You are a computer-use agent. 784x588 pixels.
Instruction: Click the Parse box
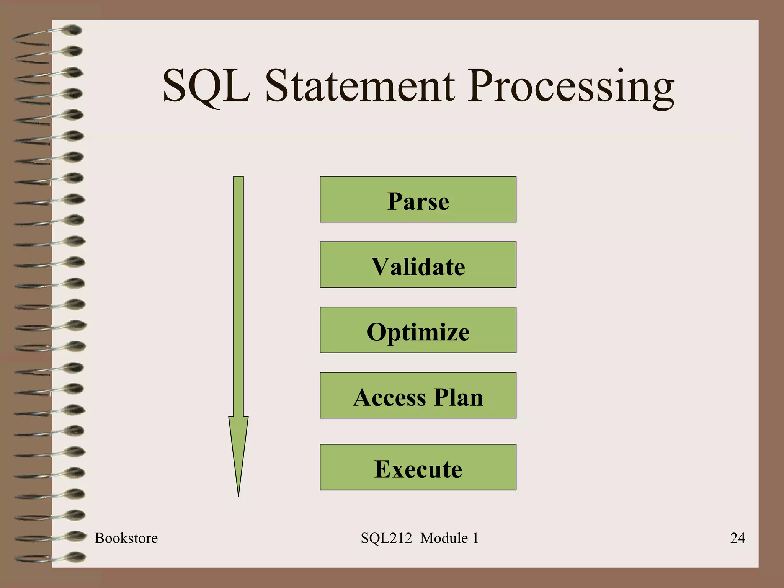pyautogui.click(x=418, y=199)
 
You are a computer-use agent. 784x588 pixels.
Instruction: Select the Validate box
pyautogui.click(x=418, y=265)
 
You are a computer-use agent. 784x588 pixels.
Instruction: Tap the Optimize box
pyautogui.click(x=418, y=330)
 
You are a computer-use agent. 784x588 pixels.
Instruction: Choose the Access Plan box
pyautogui.click(x=418, y=395)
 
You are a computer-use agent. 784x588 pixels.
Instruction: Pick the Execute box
pyautogui.click(x=418, y=467)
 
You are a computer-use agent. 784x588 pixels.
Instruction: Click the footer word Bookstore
pyautogui.click(x=126, y=538)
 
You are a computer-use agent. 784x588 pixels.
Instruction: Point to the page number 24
pyautogui.click(x=737, y=538)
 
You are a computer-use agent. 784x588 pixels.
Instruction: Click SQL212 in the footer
pyautogui.click(x=386, y=538)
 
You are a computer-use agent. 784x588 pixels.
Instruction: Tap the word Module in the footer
pyautogui.click(x=444, y=538)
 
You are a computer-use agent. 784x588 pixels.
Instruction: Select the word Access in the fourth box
pyautogui.click(x=389, y=397)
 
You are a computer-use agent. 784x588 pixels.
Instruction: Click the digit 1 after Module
pyautogui.click(x=475, y=538)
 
